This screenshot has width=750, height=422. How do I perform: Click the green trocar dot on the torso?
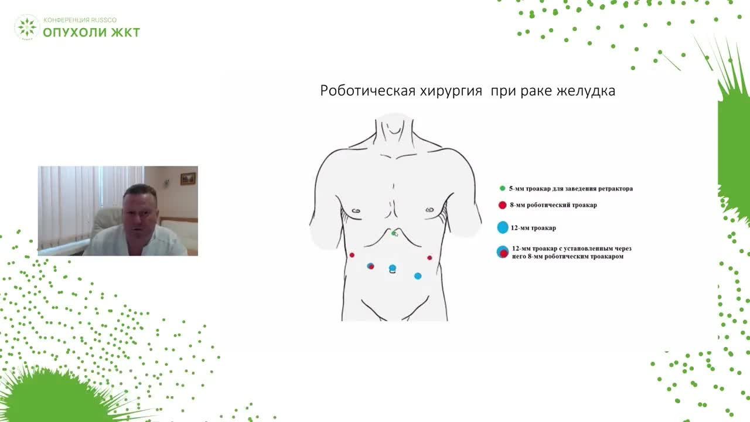pos(394,233)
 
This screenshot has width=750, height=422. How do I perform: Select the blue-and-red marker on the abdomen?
pos(370,266)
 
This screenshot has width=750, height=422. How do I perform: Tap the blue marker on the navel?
pos(393,268)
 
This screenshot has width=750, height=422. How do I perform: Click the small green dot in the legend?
pos(502,189)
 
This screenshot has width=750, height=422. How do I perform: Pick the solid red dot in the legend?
pos(502,205)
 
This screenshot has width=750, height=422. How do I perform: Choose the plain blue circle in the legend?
pos(502,228)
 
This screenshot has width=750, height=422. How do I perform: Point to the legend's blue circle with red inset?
pos(502,253)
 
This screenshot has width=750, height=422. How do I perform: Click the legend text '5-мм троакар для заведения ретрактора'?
pos(571,189)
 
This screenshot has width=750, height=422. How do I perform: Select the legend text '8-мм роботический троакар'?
pos(553,205)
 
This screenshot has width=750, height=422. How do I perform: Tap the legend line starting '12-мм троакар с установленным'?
pos(571,249)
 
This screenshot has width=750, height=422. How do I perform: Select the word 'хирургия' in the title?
pos(451,91)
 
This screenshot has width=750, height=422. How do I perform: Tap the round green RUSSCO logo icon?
pos(27,27)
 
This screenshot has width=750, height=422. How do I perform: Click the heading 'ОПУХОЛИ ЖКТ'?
pos(91,32)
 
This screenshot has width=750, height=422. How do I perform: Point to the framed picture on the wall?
pos(188,178)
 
